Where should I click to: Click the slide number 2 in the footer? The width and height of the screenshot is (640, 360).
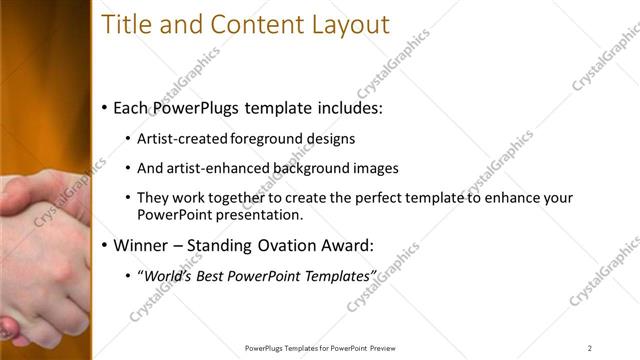click(x=589, y=347)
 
